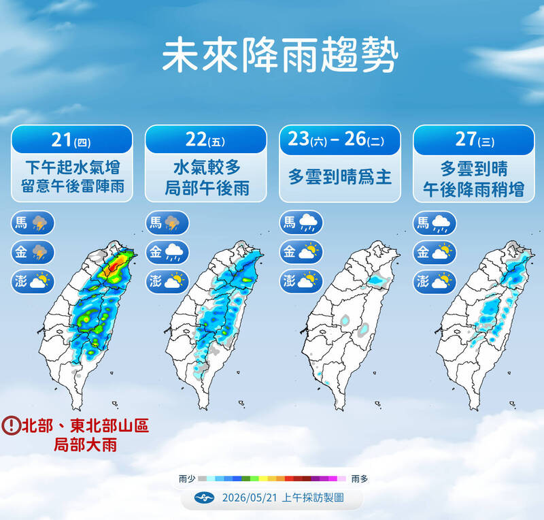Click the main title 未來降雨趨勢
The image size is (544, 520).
pos(279,55)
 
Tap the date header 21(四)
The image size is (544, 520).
pos(71,140)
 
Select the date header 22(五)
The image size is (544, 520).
pos(205,140)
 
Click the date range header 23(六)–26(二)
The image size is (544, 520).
pos(336,139)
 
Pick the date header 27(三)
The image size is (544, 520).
pos(474,140)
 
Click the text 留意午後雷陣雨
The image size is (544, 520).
pos(73,186)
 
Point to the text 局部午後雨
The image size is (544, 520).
pos(207,189)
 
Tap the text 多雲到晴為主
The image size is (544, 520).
pos(340,177)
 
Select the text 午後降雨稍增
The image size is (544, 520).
pos(473,190)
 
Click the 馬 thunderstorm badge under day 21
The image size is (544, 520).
pos(33,223)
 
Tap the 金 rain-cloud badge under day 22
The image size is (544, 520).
pos(167,253)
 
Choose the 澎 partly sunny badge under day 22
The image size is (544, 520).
pos(167,281)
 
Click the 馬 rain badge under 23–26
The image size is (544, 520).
pos(301,223)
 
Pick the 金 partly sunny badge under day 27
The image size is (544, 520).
pos(435,253)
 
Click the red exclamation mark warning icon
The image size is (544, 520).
pos(11,425)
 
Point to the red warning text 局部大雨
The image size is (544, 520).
pos(86,445)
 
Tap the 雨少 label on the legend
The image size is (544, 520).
pos(187,479)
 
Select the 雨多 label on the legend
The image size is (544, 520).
pos(360,479)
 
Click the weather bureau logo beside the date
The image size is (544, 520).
pos(205,498)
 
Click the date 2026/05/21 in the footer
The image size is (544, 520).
pos(250,498)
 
